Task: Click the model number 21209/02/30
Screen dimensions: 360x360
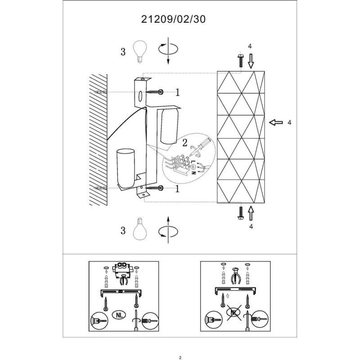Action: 173,19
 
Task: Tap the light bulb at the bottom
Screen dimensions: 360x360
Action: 139,229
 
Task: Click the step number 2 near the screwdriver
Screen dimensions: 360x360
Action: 184,143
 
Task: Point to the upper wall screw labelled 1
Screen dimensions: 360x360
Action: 155,92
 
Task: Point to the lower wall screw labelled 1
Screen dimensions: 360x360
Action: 155,188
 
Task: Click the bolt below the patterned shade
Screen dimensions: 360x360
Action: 241,213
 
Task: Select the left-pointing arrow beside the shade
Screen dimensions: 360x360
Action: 276,122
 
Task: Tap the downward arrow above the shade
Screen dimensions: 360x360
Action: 251,61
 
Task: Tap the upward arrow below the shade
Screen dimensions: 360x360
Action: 251,213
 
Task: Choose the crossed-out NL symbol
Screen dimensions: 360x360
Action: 234,312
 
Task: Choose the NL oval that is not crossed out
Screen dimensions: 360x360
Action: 119,315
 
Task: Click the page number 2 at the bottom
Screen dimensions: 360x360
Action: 180,357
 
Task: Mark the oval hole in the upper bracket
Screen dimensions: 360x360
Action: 140,96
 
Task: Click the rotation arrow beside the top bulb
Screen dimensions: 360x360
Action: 168,50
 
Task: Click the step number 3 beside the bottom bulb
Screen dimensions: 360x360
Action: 123,230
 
